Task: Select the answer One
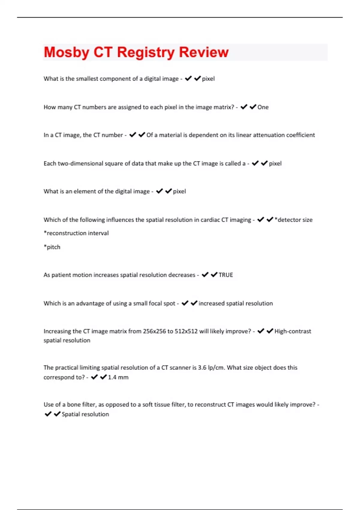[263, 107]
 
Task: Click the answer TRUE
[226, 275]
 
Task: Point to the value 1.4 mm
[118, 377]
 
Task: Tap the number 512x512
[186, 331]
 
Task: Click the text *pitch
[52, 247]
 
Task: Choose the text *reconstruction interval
[76, 233]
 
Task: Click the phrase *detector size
[293, 220]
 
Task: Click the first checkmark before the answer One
[244, 107]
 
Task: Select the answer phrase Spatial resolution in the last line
[85, 414]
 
